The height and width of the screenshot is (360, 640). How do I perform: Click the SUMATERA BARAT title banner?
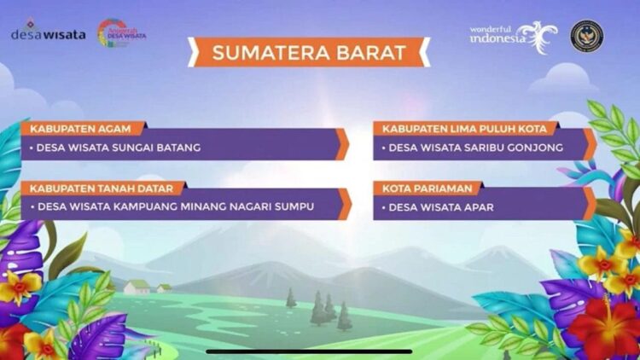pyautogui.click(x=309, y=53)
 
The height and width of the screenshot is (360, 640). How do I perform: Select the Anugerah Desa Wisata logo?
pyautogui.click(x=121, y=33)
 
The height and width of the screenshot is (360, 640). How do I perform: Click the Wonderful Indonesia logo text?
pyautogui.click(x=500, y=35)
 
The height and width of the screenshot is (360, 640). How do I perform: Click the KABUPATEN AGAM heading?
pyautogui.click(x=81, y=129)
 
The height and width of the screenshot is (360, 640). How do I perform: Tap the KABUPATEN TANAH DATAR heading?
pyautogui.click(x=102, y=187)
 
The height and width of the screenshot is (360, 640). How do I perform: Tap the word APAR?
pyautogui.click(x=477, y=206)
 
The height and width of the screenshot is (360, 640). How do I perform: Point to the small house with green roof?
pyautogui.click(x=137, y=287)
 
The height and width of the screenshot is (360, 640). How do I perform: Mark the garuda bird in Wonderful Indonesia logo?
pyautogui.click(x=538, y=37)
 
